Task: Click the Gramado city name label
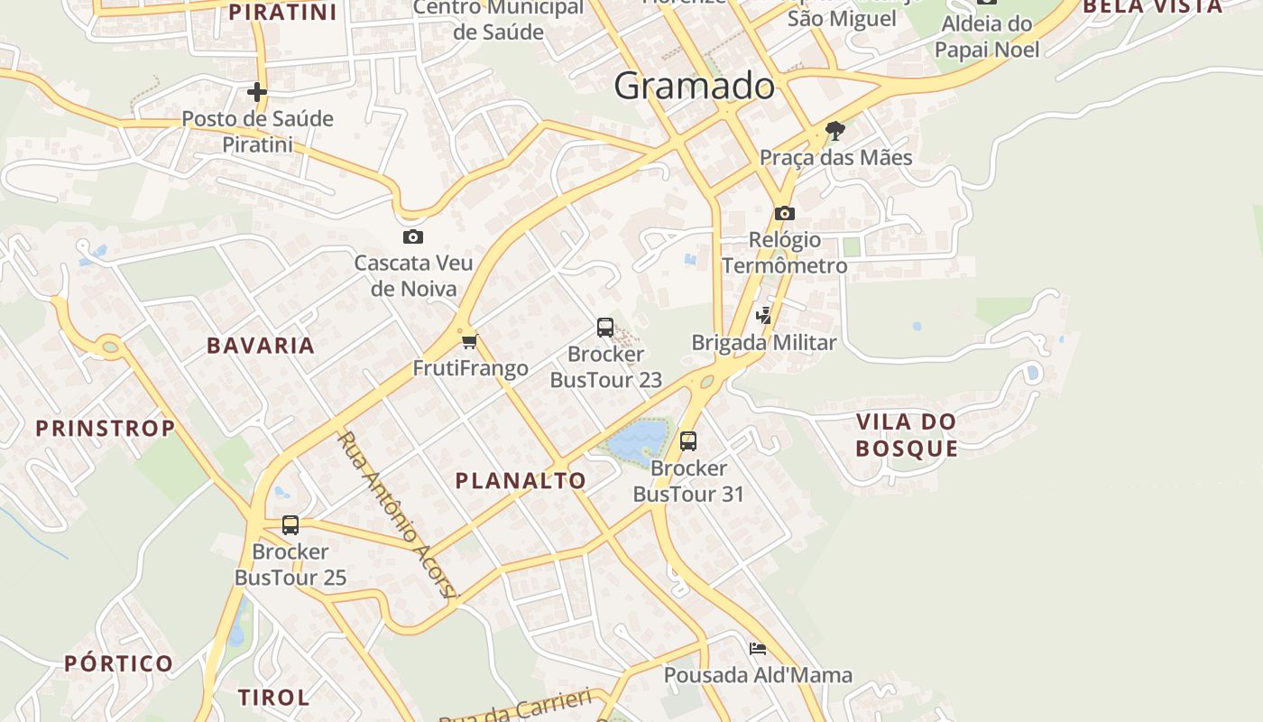(694, 86)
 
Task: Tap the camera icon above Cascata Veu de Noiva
(412, 236)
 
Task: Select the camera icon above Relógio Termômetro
(785, 213)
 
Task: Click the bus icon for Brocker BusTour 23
(605, 328)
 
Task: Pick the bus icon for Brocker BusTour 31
(688, 441)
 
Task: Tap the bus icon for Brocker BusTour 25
(290, 525)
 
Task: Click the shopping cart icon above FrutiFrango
(469, 341)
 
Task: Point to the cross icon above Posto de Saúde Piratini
(257, 92)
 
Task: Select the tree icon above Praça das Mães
(835, 131)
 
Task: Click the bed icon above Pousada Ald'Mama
(758, 648)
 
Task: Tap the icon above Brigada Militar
(764, 315)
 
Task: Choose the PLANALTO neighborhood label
(521, 481)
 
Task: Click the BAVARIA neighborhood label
(261, 346)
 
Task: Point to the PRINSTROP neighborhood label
(106, 428)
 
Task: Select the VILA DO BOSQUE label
(907, 435)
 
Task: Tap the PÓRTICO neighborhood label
(119, 664)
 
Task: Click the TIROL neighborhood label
(274, 697)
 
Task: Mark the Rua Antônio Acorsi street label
(398, 514)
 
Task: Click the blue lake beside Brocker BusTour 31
(639, 441)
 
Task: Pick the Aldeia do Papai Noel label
(986, 37)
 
